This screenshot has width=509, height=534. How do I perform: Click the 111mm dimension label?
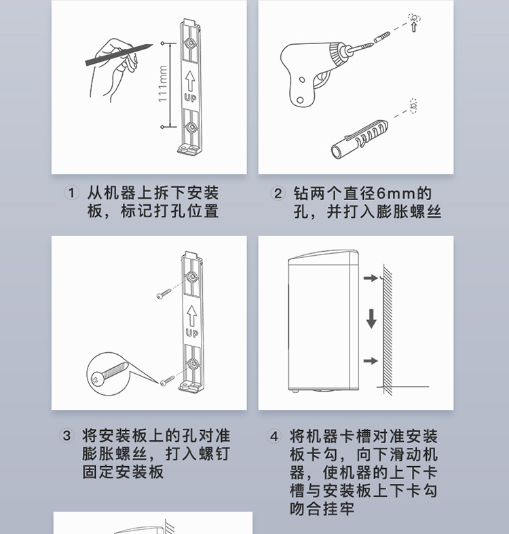163,83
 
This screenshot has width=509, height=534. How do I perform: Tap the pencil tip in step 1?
153,44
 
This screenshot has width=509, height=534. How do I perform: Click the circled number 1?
71,193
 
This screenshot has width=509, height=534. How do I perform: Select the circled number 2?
278,193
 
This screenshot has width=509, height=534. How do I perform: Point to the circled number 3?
67,436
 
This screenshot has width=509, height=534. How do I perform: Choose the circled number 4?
274,436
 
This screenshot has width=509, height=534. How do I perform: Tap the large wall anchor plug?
360,138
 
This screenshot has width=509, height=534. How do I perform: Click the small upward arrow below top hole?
414,26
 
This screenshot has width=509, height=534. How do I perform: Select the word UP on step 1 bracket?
190,98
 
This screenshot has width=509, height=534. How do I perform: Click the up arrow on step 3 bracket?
191,316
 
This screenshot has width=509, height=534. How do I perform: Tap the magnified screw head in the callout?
96,379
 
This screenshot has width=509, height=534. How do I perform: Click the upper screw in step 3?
164,294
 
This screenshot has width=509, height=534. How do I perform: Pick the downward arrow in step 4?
371,318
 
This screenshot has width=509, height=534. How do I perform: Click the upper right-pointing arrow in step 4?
371,278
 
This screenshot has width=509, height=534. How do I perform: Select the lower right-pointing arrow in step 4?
371,361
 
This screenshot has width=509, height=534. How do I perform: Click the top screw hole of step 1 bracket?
189,43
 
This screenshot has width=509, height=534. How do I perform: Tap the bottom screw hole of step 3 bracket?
193,364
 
